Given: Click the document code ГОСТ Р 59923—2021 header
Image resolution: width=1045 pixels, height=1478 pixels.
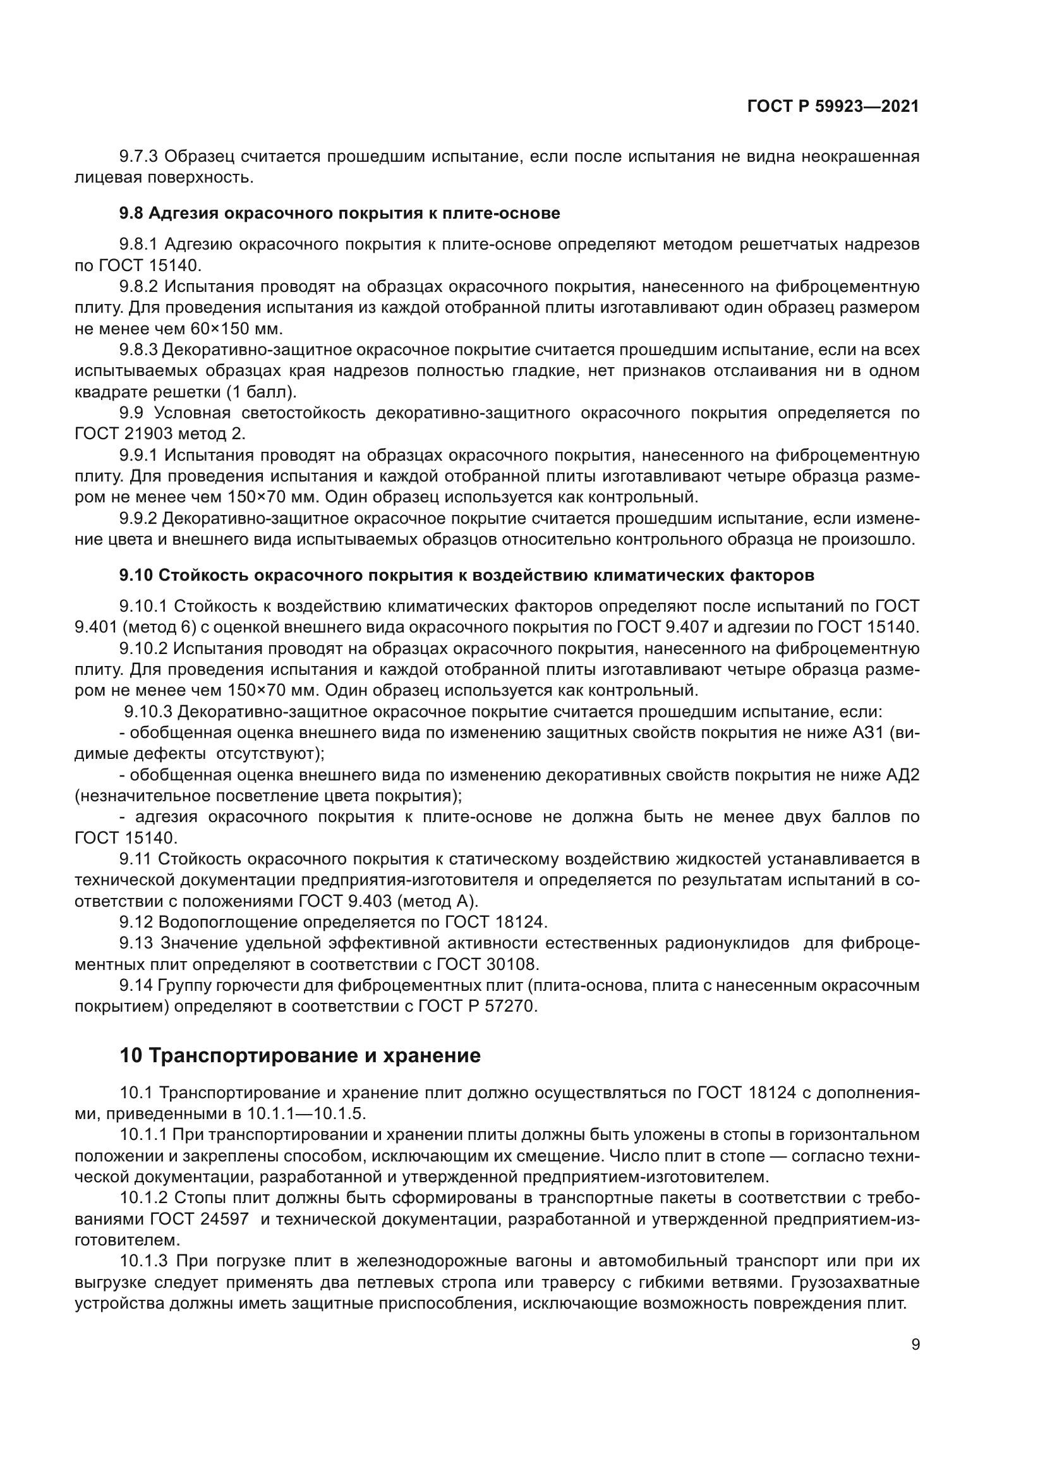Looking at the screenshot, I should (x=833, y=107).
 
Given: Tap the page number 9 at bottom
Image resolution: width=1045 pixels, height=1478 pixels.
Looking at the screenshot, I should (x=915, y=1344).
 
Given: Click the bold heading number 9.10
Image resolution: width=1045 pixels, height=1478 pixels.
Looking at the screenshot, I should (x=136, y=575).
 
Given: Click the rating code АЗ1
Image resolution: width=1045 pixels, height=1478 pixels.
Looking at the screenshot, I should (x=873, y=732).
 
